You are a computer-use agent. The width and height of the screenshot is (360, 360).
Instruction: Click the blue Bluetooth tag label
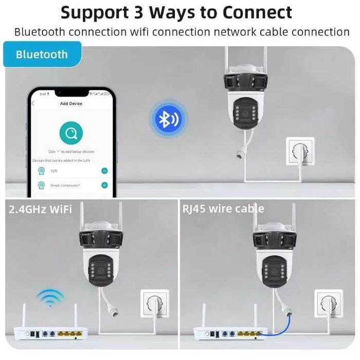[x=42, y=55]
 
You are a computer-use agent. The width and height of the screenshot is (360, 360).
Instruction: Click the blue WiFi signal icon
[x=50, y=298]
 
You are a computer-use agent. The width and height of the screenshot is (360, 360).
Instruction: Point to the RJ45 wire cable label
[x=223, y=209]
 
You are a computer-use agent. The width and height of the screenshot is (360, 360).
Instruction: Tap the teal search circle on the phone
[x=71, y=134]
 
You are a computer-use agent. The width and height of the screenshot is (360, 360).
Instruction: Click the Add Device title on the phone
[x=71, y=103]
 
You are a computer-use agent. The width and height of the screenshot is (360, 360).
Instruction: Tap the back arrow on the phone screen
[x=33, y=103]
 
